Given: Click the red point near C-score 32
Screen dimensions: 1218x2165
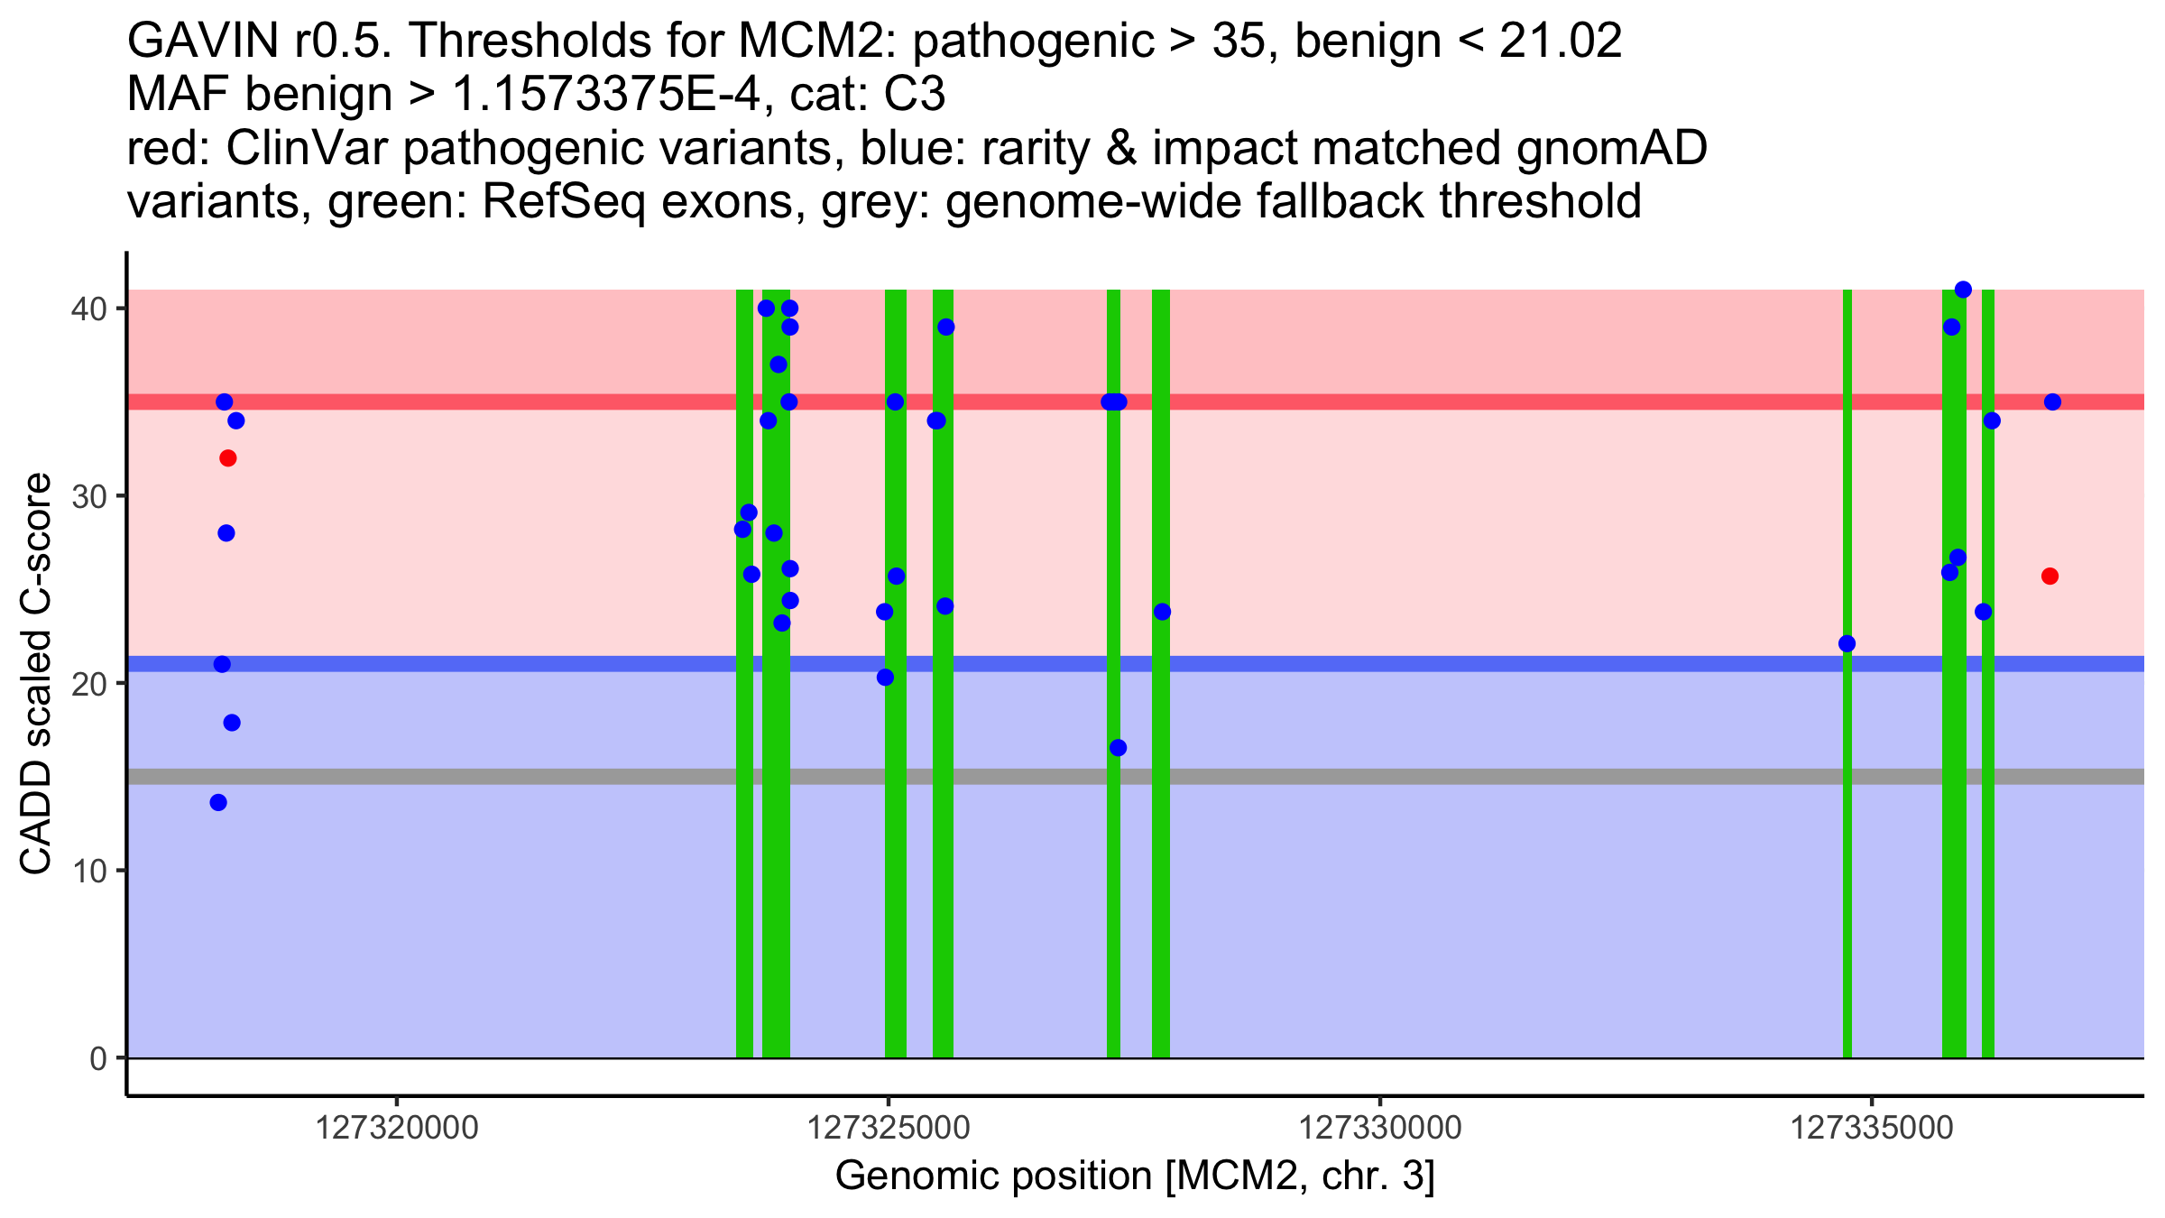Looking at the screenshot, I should point(227,458).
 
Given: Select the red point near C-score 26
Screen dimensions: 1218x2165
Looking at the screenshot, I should point(2050,576).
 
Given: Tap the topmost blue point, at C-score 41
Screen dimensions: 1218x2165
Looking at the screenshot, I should point(1963,290).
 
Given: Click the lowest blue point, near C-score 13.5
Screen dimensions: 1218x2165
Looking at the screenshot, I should point(218,802).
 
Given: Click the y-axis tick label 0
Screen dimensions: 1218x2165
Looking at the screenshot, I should point(97,1058).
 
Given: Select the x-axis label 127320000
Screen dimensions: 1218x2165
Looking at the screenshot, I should point(397,1129).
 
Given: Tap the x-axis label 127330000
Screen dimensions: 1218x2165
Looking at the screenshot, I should point(1380,1129).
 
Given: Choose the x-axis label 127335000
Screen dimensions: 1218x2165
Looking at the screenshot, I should point(1872,1129).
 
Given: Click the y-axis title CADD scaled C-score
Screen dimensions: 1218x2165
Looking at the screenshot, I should point(36,677).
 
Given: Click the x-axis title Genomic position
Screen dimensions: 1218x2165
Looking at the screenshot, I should point(1135,1176).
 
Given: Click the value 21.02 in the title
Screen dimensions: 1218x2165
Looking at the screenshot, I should point(1561,41).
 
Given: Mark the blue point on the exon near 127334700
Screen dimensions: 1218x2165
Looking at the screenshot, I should point(1847,643).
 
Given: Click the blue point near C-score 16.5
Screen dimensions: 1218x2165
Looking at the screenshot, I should point(1118,747).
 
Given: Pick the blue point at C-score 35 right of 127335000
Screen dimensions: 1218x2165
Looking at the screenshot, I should point(2052,401).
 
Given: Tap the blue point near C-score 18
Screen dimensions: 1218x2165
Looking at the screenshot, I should point(232,723).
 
